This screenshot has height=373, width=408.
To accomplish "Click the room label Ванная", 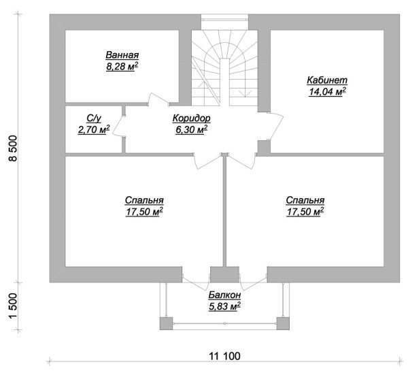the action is point(122,55).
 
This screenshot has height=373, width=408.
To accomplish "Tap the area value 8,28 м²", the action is point(122,67).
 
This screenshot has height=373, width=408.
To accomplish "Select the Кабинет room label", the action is point(327,80).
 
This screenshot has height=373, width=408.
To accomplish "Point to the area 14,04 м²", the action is point(327,91).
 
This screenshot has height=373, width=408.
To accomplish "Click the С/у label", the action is point(94,118).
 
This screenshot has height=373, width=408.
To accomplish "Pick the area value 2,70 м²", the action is point(94,129).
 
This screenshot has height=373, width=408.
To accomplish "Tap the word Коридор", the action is point(192,118).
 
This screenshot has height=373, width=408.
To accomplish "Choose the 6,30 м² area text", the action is point(192,129).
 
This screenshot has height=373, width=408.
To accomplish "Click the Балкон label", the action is point(224,295).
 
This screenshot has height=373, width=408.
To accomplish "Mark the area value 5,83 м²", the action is point(224,306).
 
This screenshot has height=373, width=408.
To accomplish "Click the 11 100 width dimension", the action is point(225,356).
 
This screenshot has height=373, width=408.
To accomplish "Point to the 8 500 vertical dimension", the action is point(12,148).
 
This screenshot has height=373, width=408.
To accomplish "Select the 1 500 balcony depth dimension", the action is point(12,306).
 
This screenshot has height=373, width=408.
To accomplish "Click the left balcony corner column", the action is point(167,323).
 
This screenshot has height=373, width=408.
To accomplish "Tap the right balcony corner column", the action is point(283,323).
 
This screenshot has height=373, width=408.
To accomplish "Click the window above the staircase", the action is point(224,19).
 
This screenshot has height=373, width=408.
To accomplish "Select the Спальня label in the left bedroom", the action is point(144,200).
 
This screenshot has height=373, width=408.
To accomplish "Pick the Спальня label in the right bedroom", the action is point(305,200).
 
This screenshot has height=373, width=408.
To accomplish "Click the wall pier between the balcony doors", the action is point(224,274).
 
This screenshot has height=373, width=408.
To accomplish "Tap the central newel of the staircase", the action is point(224,82).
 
